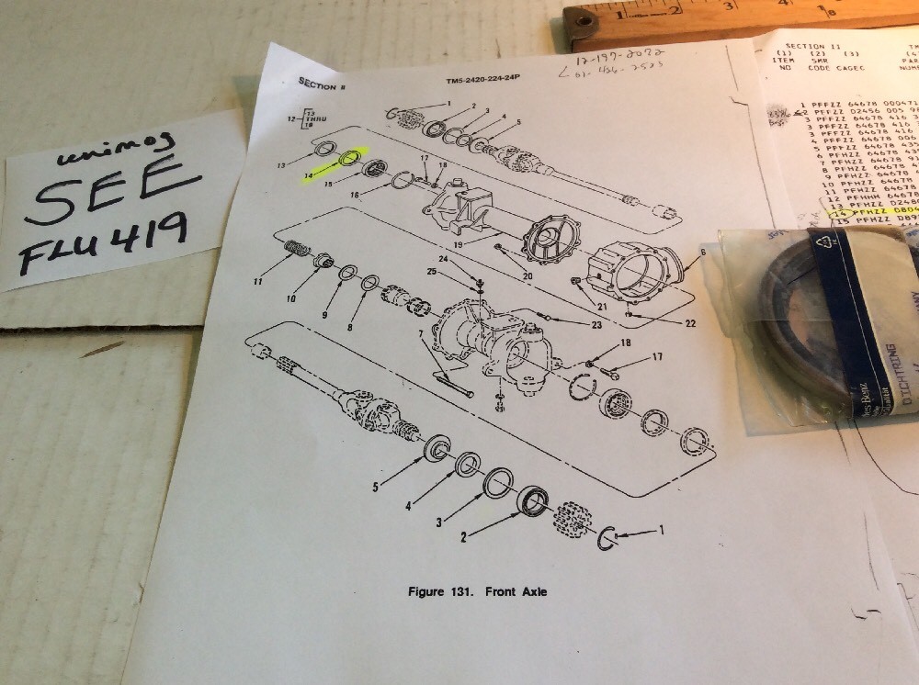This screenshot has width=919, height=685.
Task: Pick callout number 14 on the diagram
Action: point(309,173)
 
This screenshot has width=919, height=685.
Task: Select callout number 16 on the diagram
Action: point(354,196)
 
